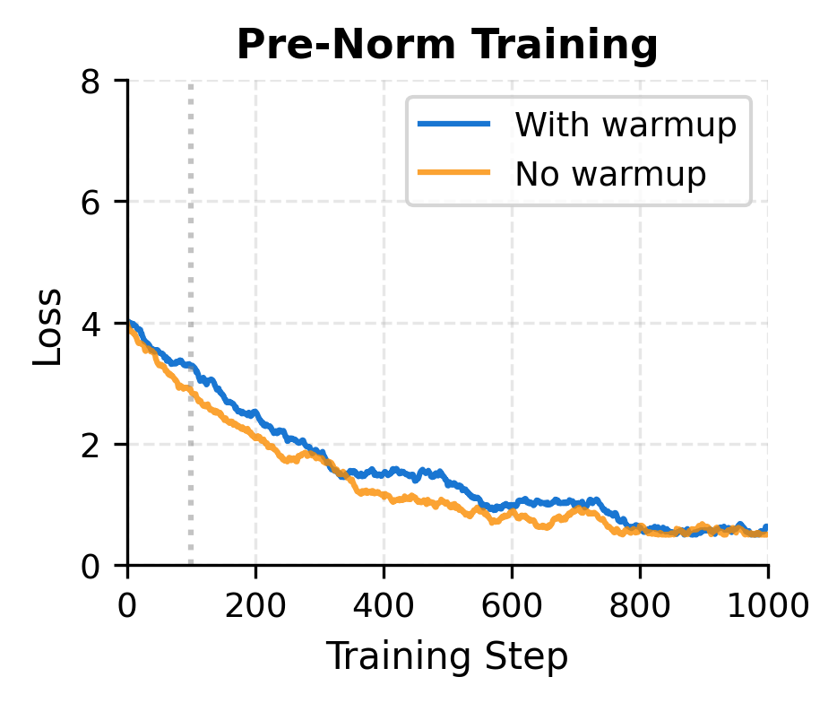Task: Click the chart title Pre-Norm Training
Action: (447, 45)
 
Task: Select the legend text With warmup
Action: (625, 126)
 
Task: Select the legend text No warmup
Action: (610, 175)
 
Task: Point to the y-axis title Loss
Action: (49, 326)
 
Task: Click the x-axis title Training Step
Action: (446, 657)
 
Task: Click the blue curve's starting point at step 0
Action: (130, 323)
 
